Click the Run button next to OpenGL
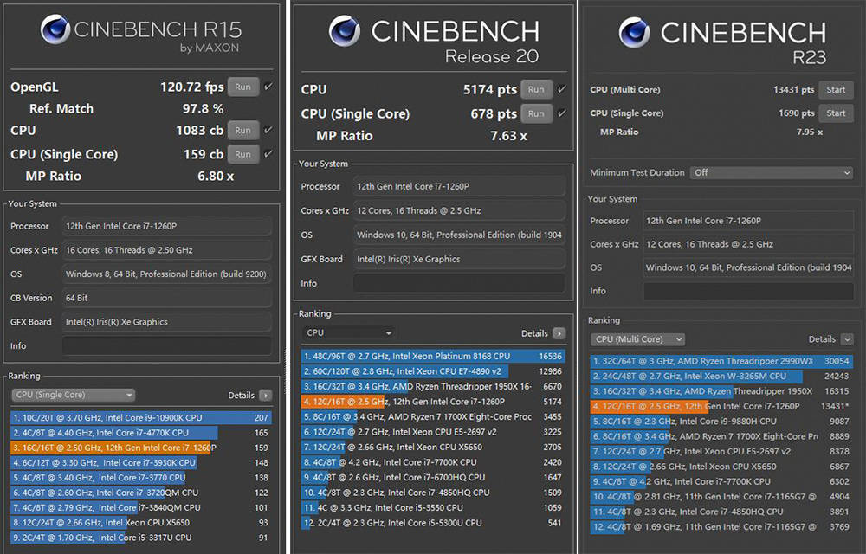[242, 87]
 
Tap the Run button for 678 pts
[536, 113]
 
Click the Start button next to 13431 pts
[836, 90]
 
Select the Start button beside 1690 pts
[836, 113]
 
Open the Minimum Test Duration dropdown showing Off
[771, 172]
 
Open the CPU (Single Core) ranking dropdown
[74, 395]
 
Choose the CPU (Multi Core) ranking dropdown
[638, 339]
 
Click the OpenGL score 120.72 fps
[191, 87]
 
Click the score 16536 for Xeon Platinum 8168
[550, 356]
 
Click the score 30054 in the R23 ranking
[836, 361]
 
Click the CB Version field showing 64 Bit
[165, 298]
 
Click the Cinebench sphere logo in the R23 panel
[635, 33]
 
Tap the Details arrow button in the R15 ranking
[264, 395]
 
